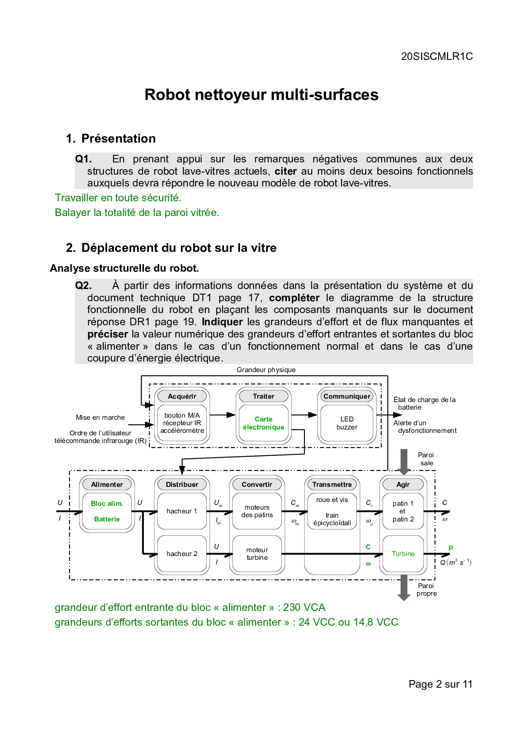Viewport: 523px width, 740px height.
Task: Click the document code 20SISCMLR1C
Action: (437, 57)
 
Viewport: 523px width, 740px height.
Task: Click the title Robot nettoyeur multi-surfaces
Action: (261, 95)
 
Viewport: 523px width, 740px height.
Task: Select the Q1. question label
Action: (83, 159)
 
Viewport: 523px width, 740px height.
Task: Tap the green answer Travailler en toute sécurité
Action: (118, 198)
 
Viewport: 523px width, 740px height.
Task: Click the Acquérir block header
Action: (182, 396)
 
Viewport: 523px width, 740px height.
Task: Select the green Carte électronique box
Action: (264, 423)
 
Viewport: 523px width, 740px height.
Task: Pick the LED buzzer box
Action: (347, 423)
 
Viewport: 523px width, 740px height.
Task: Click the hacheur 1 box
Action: (182, 511)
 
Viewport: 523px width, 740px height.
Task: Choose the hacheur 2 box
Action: (182, 554)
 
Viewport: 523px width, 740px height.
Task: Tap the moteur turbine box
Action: (257, 554)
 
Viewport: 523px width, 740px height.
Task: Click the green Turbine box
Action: (403, 554)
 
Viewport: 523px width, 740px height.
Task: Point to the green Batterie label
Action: (107, 519)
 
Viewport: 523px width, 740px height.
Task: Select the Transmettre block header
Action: (332, 484)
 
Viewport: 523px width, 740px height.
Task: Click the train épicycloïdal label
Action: (332, 519)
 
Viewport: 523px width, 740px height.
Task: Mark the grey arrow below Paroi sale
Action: (404, 462)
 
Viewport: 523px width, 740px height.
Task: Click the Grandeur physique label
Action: (266, 370)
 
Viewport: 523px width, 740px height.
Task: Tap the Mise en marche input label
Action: (100, 417)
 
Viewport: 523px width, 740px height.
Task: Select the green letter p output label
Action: (450, 547)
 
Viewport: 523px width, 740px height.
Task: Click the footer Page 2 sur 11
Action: (440, 684)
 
